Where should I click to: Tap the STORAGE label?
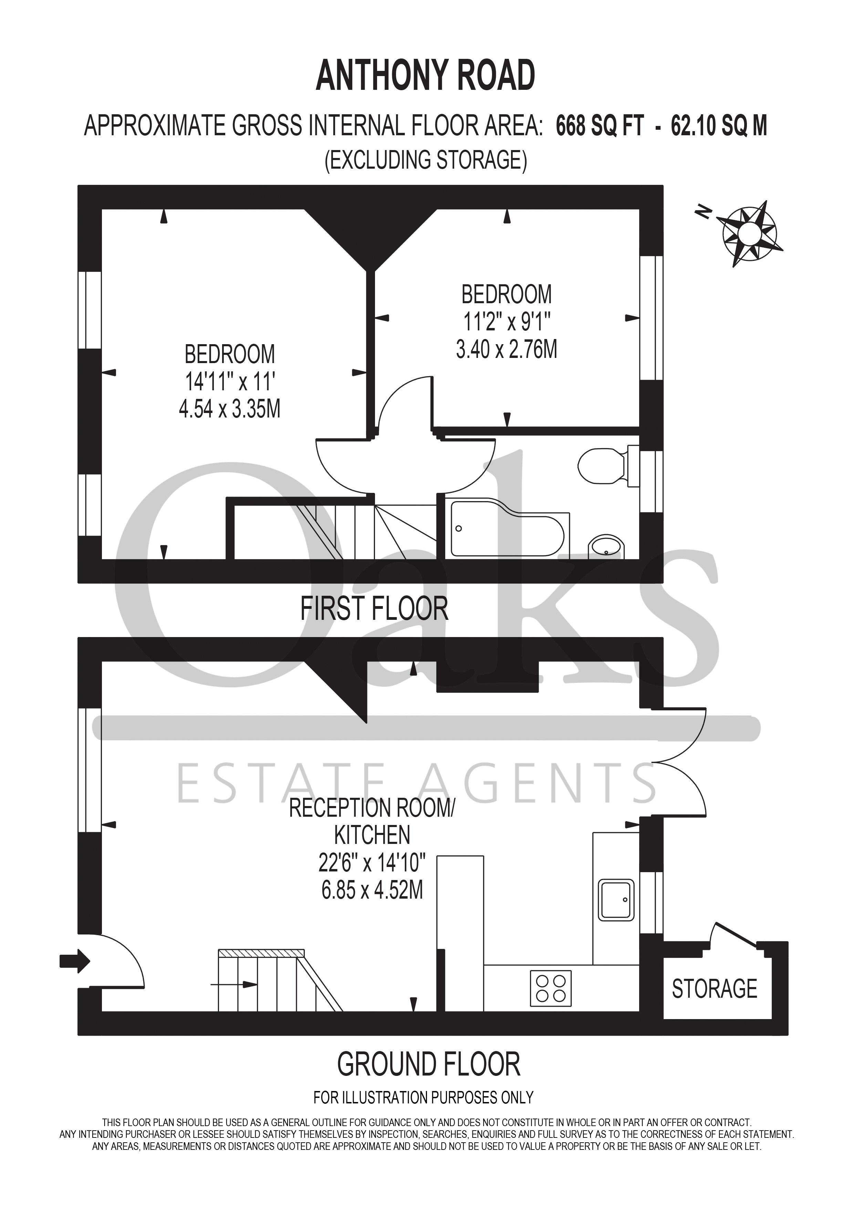(x=714, y=989)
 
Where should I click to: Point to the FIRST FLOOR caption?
(x=374, y=609)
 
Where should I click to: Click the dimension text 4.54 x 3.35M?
(x=230, y=409)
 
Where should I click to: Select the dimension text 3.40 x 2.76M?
(x=507, y=349)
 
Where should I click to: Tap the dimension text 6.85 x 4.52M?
(x=372, y=890)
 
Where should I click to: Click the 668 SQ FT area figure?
(x=600, y=126)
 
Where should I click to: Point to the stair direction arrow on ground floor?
(x=235, y=984)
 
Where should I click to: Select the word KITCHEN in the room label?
(x=372, y=835)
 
